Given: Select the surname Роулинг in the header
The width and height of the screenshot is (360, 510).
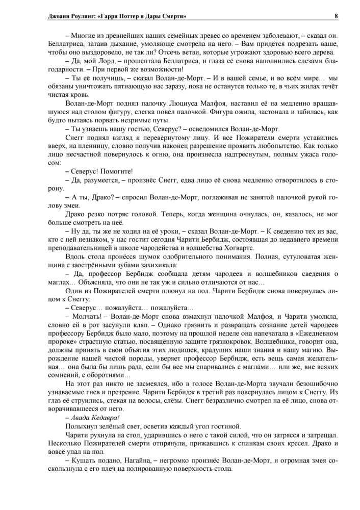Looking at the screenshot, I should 75,16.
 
